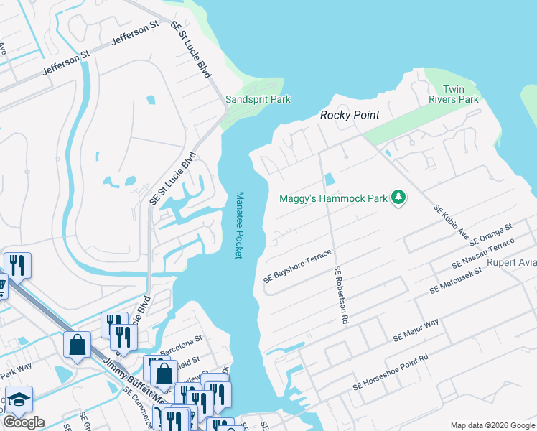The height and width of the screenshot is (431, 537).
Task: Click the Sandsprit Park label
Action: (x=258, y=99)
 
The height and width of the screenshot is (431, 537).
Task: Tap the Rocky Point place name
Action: (x=349, y=115)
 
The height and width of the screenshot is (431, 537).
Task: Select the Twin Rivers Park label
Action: (x=453, y=93)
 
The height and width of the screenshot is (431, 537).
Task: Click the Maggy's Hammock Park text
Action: (x=333, y=198)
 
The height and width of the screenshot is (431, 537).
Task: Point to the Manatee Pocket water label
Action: (x=240, y=225)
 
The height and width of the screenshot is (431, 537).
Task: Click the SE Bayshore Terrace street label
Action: (x=297, y=266)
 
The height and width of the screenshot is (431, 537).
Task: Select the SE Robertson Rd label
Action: (x=340, y=294)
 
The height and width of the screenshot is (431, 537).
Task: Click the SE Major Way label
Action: (x=416, y=331)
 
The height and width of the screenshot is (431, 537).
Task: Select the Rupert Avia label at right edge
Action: (x=510, y=262)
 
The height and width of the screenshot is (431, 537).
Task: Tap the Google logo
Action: (x=24, y=422)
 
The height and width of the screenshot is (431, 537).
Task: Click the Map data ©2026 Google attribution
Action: (x=492, y=425)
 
